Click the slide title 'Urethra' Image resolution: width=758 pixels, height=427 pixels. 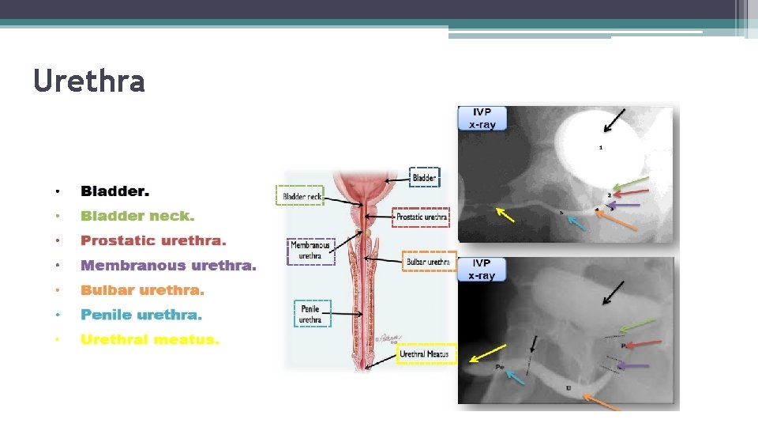tap(89, 81)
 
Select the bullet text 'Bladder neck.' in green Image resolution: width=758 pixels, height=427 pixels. tap(137, 216)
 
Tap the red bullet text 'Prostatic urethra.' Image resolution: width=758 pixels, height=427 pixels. tap(153, 240)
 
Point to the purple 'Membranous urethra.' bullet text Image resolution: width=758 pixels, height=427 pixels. tap(168, 266)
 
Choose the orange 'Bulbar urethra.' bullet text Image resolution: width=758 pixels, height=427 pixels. tap(142, 290)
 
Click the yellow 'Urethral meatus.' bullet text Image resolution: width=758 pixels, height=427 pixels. tap(150, 339)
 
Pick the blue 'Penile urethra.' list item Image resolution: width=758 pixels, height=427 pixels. tap(141, 315)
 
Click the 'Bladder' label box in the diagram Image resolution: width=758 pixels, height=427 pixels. tap(424, 178)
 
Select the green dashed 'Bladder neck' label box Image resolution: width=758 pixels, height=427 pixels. tap(299, 195)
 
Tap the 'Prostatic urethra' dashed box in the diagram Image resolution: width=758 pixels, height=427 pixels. tap(421, 217)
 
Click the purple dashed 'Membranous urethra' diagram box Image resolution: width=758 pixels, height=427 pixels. tap(311, 251)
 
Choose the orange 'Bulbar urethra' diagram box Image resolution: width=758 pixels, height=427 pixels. tap(429, 261)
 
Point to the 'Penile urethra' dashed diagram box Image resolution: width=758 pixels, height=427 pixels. tap(310, 314)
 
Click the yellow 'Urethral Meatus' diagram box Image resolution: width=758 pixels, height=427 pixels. tap(426, 354)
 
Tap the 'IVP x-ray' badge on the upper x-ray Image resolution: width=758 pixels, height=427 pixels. tap(482, 119)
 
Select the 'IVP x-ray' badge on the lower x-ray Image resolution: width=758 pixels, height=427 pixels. tap(482, 269)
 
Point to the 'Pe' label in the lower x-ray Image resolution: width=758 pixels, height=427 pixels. tap(500, 367)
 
